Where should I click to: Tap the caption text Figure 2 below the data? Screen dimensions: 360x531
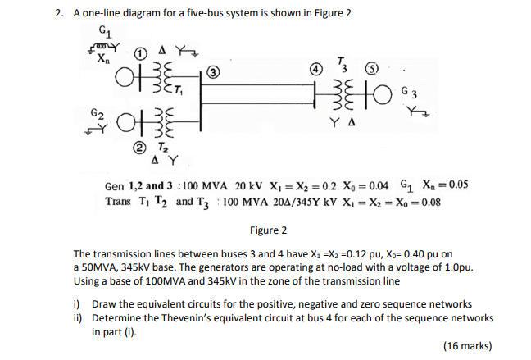[268, 230]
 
